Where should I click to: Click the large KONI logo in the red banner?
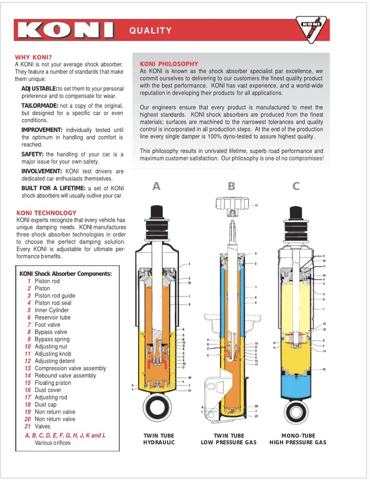pyautogui.click(x=64, y=30)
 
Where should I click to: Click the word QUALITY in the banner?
pyautogui.click(x=150, y=31)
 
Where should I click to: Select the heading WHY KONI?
pyautogui.click(x=33, y=57)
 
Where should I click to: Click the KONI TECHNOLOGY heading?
pyautogui.click(x=47, y=213)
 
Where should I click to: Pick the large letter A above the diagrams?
pyautogui.click(x=156, y=187)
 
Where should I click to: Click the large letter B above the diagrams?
pyautogui.click(x=232, y=187)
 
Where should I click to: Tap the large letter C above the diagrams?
pyautogui.click(x=296, y=187)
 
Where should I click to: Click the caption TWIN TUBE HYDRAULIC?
pyautogui.click(x=158, y=439)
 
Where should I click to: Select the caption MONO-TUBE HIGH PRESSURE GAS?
pyautogui.click(x=298, y=439)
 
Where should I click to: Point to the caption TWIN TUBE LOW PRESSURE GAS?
pyautogui.click(x=228, y=439)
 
